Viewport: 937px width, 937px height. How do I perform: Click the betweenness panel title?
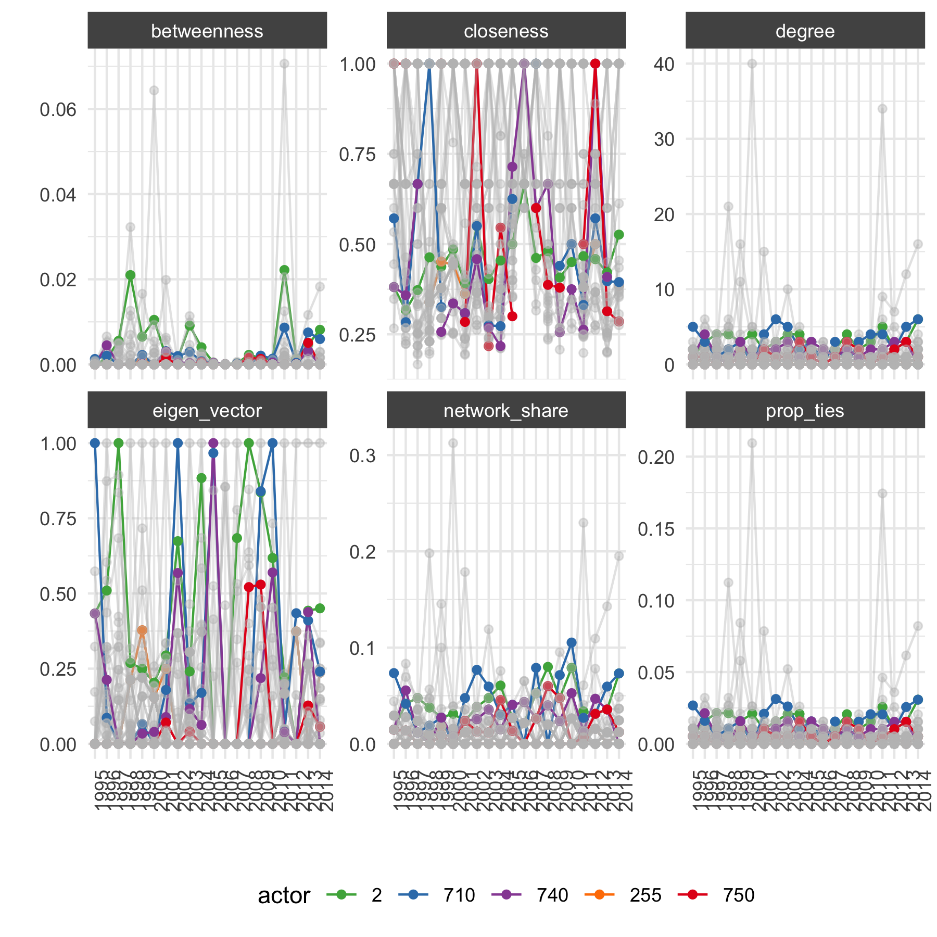coord(207,31)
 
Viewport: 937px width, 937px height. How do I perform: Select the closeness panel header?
coord(506,31)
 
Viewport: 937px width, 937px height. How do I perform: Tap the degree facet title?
coord(805,31)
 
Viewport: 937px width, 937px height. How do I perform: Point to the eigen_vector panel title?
coord(207,411)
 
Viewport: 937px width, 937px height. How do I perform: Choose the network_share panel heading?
coord(506,411)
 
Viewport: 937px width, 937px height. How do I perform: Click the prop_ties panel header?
coord(805,411)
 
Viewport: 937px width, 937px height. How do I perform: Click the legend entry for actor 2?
coord(354,895)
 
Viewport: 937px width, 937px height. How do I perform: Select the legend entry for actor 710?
coord(437,895)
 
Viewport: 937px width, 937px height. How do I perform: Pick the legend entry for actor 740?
coord(530,895)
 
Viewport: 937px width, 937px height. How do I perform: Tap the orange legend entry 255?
coord(623,895)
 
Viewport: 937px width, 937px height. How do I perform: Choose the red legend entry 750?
coord(716,895)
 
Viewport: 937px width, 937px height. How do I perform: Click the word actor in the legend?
coord(284,895)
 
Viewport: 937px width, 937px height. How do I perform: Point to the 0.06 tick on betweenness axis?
coord(58,110)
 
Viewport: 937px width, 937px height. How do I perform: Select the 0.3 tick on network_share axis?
coord(362,456)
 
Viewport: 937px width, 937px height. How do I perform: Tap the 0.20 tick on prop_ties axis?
coord(656,457)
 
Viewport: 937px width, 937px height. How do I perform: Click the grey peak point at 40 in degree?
coord(752,64)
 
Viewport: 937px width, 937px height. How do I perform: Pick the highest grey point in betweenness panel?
coord(284,64)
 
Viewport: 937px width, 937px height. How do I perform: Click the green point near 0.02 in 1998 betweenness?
coord(130,275)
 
